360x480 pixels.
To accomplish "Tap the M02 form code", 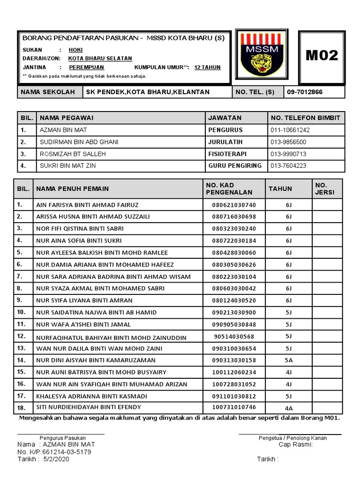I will [x=322, y=56].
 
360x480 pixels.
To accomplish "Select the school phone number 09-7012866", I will [x=305, y=92].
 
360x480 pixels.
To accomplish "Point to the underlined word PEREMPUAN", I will [x=86, y=67].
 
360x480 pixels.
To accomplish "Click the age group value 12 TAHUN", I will [x=207, y=67].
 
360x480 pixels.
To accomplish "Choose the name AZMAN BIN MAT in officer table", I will [x=63, y=130].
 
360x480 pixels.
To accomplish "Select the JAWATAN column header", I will [x=225, y=118].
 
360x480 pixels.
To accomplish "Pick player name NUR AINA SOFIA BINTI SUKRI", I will [x=79, y=240].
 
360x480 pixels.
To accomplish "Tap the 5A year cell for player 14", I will [x=288, y=360].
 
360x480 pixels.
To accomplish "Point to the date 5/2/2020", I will [x=56, y=459].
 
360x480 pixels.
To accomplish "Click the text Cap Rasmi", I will [x=295, y=444].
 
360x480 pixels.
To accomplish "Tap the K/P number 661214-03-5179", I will [x=66, y=452].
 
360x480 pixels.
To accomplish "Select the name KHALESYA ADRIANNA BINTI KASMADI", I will [x=82, y=396].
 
